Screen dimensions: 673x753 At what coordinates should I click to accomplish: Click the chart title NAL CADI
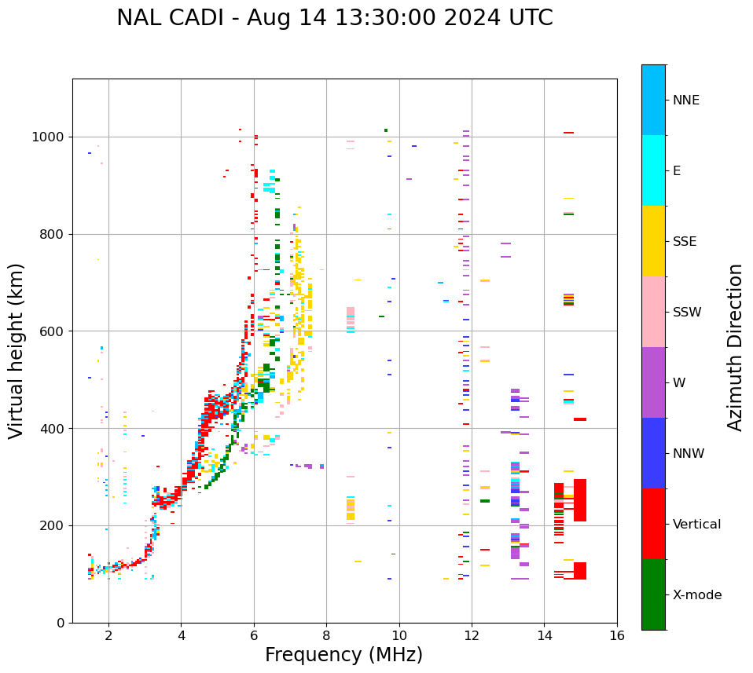[x=334, y=18]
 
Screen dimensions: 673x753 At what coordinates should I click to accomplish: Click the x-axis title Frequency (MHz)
[x=343, y=655]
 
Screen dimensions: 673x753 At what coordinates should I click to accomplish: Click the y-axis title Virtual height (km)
[x=17, y=351]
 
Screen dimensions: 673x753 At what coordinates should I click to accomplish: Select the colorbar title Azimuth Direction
[x=735, y=347]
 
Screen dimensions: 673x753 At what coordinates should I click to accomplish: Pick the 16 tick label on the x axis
[x=617, y=636]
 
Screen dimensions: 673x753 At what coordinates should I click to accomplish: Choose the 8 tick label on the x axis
[x=326, y=636]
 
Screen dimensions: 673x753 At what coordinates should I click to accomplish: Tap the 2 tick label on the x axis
[x=108, y=636]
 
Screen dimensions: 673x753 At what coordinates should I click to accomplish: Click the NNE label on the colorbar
[x=685, y=101]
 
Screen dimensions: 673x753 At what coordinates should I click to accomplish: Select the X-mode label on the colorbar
[x=696, y=595]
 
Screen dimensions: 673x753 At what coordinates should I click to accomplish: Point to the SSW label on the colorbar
[x=687, y=313]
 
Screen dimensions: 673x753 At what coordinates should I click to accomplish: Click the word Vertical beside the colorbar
[x=696, y=525]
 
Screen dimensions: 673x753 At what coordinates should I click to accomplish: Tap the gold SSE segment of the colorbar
[x=653, y=241]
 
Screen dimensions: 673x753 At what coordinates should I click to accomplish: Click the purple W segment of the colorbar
[x=653, y=382]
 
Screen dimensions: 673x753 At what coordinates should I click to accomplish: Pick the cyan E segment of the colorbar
[x=653, y=170]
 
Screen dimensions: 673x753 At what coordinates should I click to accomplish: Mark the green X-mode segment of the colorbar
[x=653, y=594]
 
